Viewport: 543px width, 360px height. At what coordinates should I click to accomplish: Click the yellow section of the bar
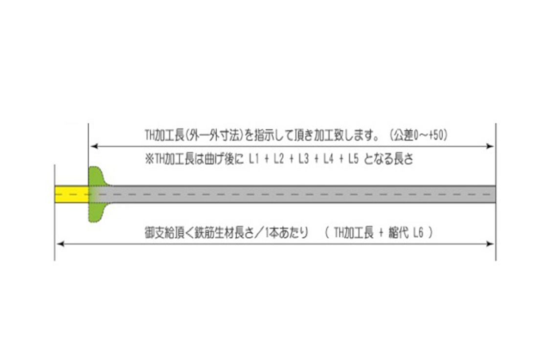72,194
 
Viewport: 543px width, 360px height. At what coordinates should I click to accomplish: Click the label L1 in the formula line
254,159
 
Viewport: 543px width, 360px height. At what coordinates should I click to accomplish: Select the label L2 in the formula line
279,159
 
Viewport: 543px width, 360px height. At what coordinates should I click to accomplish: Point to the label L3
303,159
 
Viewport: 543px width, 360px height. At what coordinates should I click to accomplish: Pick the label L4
328,159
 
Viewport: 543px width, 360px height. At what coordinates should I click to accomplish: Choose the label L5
353,159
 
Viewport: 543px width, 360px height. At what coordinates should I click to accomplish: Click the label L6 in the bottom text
418,233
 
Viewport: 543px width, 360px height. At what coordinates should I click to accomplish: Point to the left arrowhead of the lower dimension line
61,244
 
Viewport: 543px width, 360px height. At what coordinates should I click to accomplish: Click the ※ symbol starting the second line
149,159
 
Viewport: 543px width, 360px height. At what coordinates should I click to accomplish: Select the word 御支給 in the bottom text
161,233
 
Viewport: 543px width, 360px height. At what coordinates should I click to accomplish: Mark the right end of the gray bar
495,194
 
